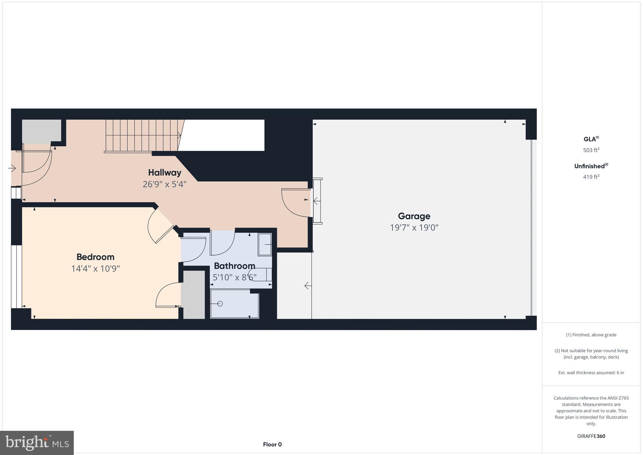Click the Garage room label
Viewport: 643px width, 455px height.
click(414, 216)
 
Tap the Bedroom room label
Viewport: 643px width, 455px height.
click(95, 257)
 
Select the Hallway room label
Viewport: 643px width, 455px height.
click(165, 173)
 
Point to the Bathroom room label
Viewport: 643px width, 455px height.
click(234, 266)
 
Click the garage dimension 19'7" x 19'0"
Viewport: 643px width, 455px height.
click(414, 227)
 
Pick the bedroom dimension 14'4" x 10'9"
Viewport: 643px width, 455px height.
click(95, 269)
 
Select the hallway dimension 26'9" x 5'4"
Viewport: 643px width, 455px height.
click(165, 184)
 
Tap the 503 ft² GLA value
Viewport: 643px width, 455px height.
click(591, 150)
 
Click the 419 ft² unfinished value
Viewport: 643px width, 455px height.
click(591, 177)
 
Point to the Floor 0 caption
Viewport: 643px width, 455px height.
click(272, 444)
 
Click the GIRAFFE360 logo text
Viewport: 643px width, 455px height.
click(591, 436)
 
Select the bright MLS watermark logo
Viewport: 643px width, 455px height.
click(37, 443)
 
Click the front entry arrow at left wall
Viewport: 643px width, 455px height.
click(12, 168)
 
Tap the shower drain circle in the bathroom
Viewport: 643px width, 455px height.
click(220, 304)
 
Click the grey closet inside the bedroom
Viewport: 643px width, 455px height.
click(194, 295)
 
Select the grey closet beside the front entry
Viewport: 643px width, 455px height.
click(41, 130)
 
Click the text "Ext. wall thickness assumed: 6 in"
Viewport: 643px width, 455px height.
click(591, 373)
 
